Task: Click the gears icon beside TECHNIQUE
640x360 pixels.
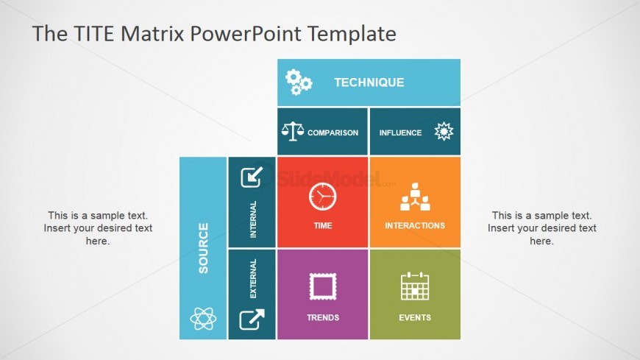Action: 299,82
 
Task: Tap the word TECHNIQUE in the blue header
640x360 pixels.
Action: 369,82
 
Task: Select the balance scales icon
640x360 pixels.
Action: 293,132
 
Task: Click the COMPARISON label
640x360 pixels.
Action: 333,133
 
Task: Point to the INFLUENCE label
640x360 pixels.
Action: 400,133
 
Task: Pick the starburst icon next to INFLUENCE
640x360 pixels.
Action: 444,131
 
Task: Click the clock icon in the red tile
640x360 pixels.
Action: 322,197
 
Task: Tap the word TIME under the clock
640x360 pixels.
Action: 322,225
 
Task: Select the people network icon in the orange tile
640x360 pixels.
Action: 415,197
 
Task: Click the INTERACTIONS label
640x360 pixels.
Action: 415,225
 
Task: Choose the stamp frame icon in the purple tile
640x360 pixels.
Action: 323,286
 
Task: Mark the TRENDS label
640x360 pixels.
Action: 323,317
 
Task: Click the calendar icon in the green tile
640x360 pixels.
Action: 415,286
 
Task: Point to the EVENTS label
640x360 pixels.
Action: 415,317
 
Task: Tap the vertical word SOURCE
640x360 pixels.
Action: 203,248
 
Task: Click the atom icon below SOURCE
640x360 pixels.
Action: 203,318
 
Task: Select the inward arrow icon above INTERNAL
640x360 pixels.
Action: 252,177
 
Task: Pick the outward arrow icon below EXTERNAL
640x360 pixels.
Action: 252,319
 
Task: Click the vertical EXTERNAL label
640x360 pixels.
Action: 253,279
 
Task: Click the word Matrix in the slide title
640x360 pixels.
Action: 153,33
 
